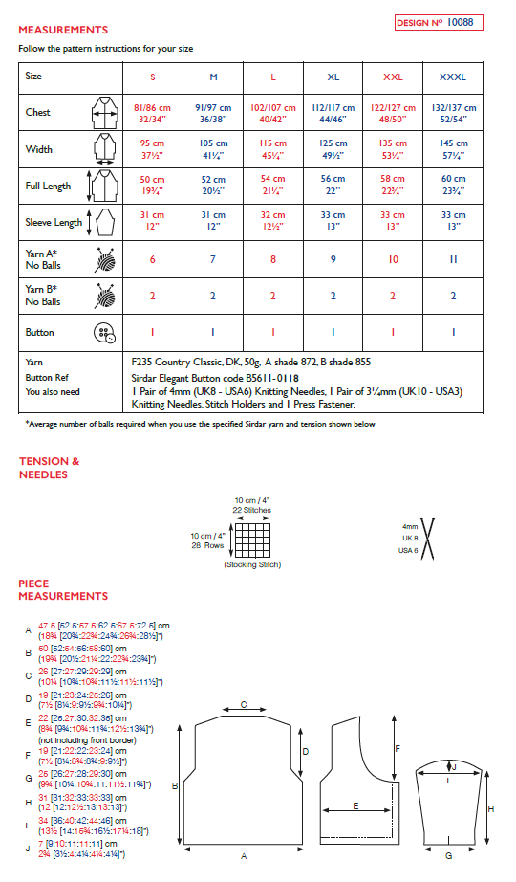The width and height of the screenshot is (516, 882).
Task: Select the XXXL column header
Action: pos(453,76)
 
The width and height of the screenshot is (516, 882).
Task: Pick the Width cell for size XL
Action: pos(333,149)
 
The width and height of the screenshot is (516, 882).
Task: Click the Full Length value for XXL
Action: pos(393,186)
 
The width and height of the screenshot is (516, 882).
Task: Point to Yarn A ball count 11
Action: pos(453,259)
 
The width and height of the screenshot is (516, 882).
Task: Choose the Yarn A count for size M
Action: pos(212,259)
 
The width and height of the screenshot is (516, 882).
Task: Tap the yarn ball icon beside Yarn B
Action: pos(103,297)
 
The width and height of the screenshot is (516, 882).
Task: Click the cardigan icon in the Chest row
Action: pos(102,113)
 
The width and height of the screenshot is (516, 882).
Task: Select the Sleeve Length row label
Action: pos(54,223)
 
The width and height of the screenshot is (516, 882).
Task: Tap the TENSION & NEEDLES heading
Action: pos(50,468)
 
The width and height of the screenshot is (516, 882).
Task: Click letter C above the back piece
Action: pos(244,705)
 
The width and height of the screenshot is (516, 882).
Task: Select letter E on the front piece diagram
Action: pos(355,805)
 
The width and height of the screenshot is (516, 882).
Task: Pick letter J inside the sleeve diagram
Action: pos(455,766)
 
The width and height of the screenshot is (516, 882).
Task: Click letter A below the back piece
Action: pos(244,855)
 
